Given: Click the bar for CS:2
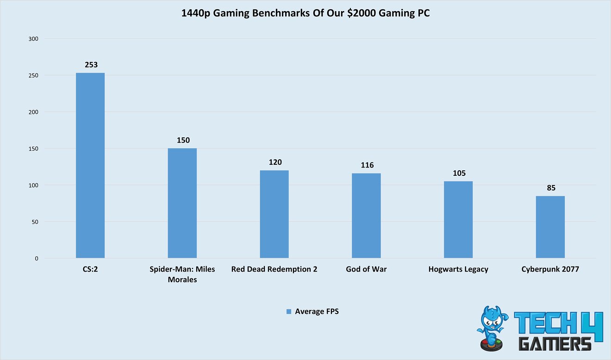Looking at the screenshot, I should [90, 165].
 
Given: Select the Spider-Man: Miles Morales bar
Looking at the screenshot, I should [182, 203].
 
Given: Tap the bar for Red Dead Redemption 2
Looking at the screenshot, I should [274, 214].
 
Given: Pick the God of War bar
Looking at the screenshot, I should [366, 216].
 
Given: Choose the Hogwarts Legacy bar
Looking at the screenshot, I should [458, 220].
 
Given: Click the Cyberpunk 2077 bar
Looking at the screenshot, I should [550, 227].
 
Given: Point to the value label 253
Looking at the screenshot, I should [91, 65].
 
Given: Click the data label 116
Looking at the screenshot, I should [367, 165].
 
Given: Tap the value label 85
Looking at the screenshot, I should [551, 188].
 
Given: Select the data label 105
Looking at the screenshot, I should [458, 173].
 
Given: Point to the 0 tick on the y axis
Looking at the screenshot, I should [36, 258].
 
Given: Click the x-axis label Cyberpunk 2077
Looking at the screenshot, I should [550, 269].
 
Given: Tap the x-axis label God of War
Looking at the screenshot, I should [366, 269].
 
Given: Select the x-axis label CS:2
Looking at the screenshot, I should [90, 269].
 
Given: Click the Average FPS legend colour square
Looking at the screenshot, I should [289, 312].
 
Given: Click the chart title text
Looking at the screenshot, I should [305, 13].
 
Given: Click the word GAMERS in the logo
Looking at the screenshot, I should [555, 344].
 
